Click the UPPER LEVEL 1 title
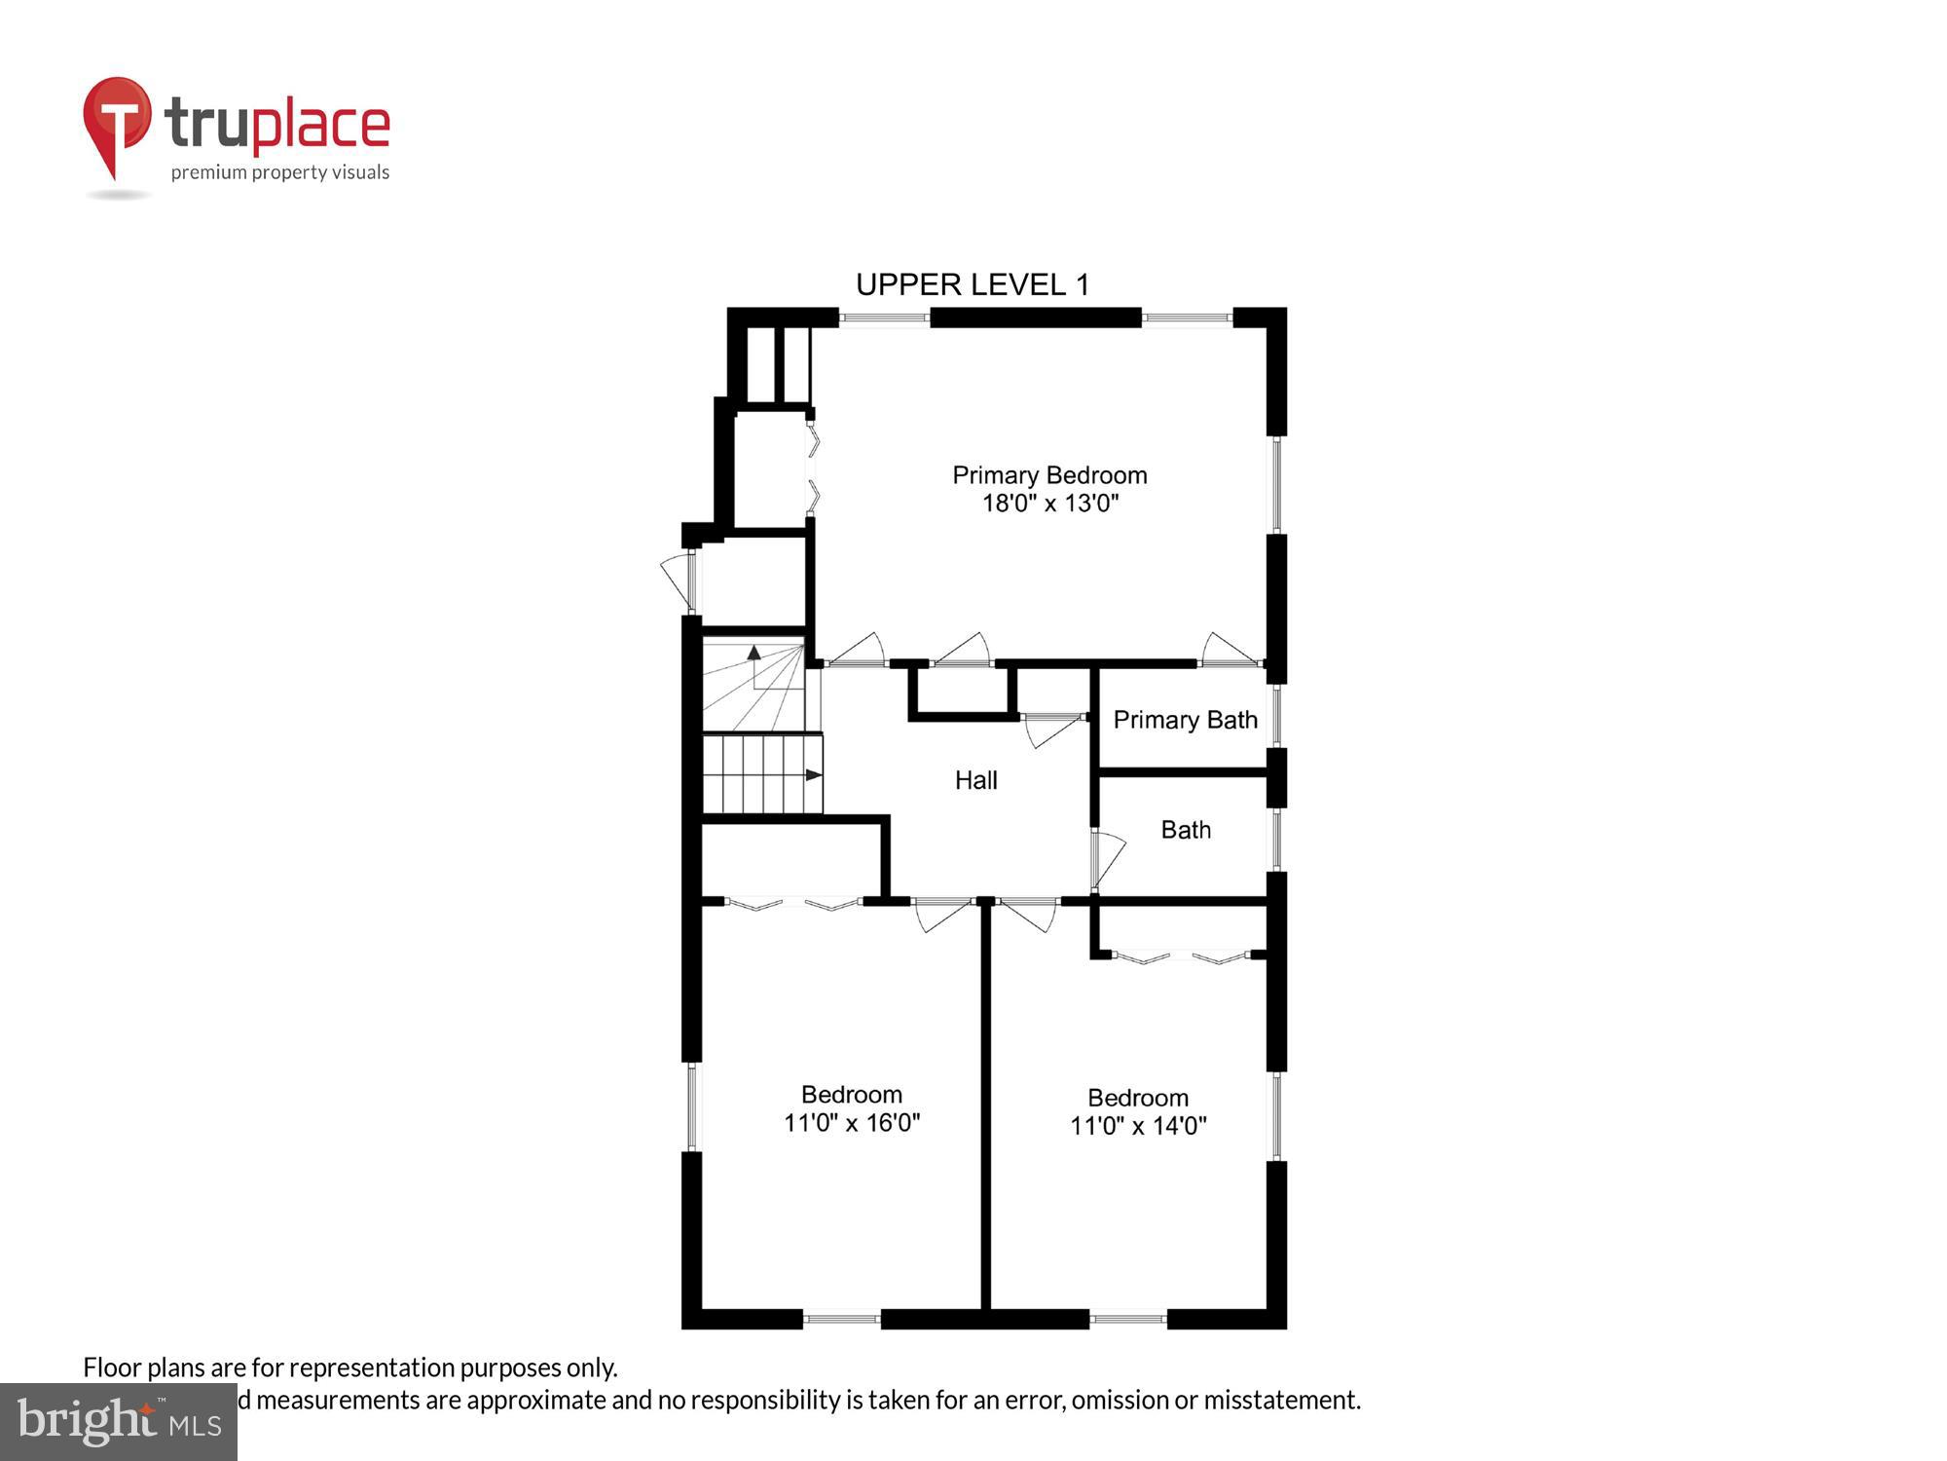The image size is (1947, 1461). click(x=972, y=284)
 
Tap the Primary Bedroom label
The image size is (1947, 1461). click(x=1049, y=475)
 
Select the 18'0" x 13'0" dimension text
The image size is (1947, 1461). click(x=1049, y=504)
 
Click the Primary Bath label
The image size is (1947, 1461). click(x=1185, y=720)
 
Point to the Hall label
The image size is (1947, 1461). click(x=975, y=780)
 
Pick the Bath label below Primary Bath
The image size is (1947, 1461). click(x=1186, y=830)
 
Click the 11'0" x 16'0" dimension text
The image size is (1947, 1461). click(x=852, y=1123)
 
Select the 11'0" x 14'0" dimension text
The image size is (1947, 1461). click(x=1138, y=1126)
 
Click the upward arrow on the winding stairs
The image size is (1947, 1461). click(x=753, y=653)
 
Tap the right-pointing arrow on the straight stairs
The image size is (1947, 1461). click(x=814, y=775)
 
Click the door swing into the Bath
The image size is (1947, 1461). click(x=1108, y=857)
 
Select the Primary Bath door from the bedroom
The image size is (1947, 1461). click(x=1229, y=650)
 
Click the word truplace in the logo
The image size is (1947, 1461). click(x=277, y=125)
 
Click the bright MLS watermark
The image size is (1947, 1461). click(x=119, y=1423)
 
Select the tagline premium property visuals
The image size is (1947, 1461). click(x=280, y=172)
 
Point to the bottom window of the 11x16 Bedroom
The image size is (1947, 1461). click(x=841, y=1319)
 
